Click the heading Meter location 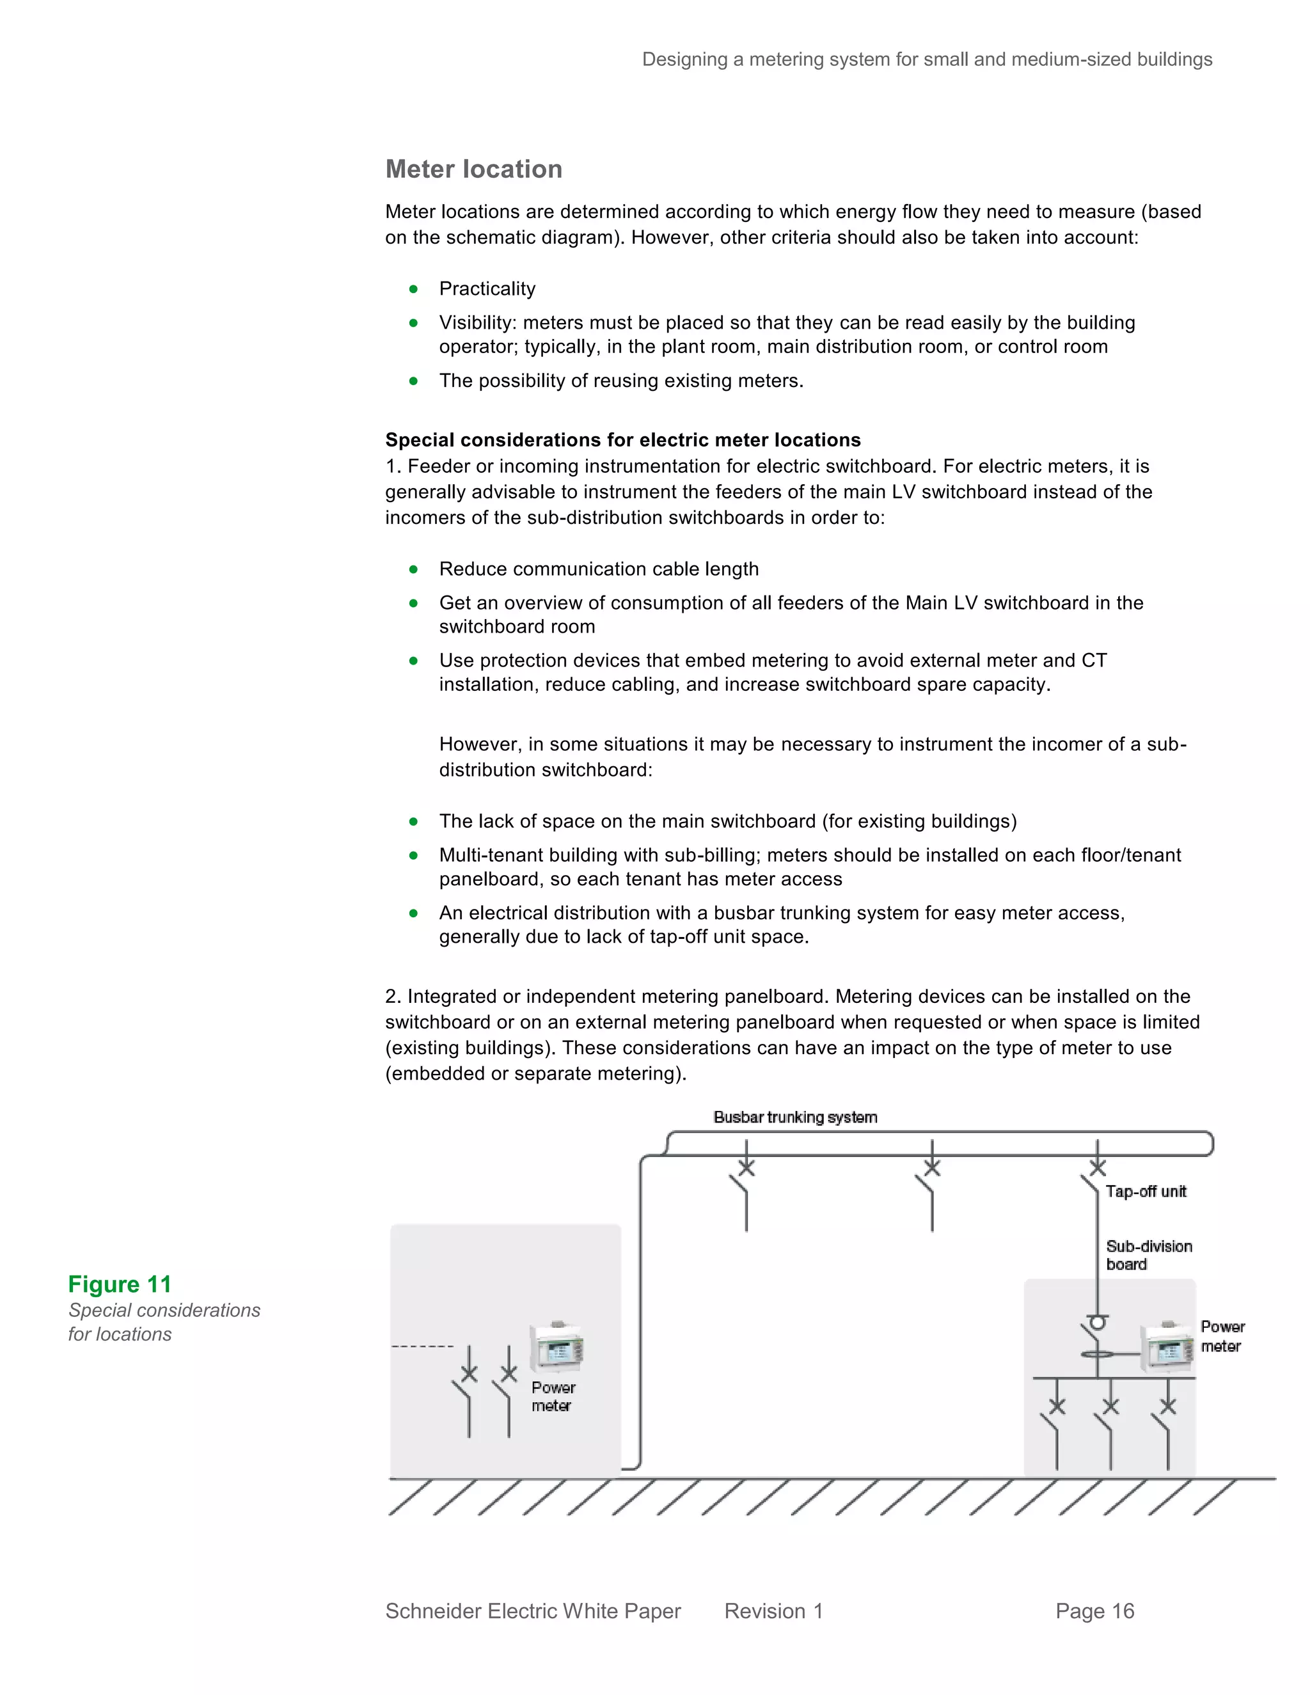point(473,169)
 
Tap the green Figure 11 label point(120,1284)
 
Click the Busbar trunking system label point(794,1117)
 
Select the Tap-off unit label point(1146,1192)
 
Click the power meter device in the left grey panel point(556,1347)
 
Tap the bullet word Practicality point(487,288)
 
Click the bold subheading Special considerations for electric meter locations point(622,440)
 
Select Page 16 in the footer point(1094,1611)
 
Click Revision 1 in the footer point(773,1611)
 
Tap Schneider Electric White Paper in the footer point(532,1611)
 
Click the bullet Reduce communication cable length point(598,569)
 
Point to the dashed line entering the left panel point(422,1346)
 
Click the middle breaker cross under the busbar point(931,1167)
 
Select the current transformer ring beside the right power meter point(1096,1354)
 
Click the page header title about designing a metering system point(927,59)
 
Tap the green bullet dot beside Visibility point(414,323)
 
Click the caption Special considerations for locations point(164,1321)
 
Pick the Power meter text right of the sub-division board point(1222,1336)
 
